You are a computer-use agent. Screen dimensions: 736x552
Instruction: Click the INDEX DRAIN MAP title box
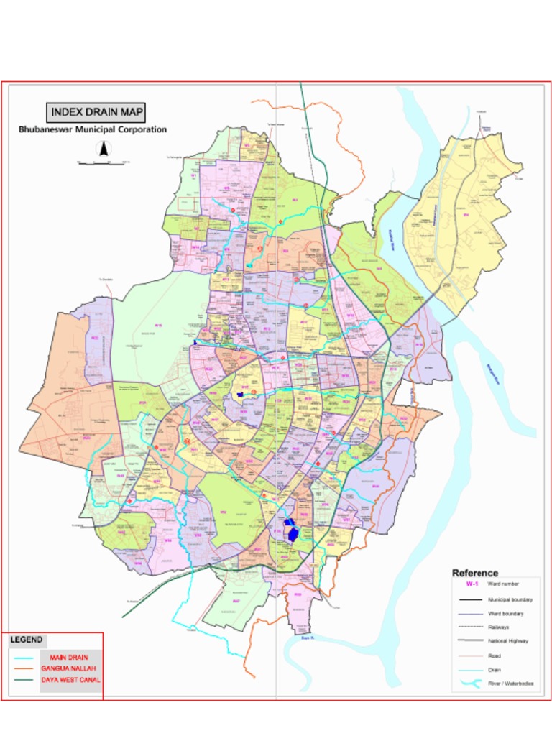(x=96, y=112)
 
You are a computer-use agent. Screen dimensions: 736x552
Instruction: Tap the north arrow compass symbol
(x=103, y=149)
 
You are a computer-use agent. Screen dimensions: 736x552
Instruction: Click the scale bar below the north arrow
(x=103, y=164)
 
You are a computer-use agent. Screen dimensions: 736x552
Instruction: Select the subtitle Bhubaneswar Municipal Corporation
(x=93, y=130)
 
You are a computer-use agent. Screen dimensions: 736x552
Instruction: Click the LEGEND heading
(x=27, y=639)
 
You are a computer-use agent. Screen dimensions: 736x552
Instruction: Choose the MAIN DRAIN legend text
(x=69, y=658)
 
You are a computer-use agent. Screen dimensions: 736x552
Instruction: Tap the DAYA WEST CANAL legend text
(x=70, y=679)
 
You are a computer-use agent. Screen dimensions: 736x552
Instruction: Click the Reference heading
(x=474, y=573)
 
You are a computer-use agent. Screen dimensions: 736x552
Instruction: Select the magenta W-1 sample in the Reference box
(x=471, y=584)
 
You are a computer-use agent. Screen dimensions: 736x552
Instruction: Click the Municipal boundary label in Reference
(x=510, y=599)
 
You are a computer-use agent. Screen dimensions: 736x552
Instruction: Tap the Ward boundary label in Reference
(x=505, y=614)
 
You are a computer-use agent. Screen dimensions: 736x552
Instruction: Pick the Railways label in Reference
(x=499, y=627)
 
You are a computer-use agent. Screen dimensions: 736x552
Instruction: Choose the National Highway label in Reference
(x=508, y=641)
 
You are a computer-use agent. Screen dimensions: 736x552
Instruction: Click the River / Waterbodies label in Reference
(x=510, y=684)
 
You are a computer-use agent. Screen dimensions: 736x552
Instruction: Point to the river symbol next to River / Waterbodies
(x=471, y=683)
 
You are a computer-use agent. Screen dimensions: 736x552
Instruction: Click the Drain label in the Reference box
(x=494, y=670)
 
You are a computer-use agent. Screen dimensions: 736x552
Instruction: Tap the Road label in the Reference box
(x=494, y=655)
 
